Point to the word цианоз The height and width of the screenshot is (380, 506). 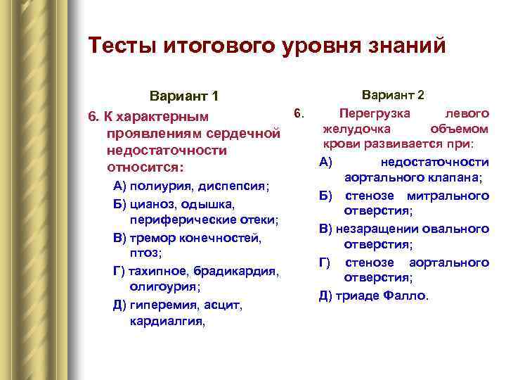pyautogui.click(x=150, y=204)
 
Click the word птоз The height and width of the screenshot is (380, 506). pyautogui.click(x=145, y=253)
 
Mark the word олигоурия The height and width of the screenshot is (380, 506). pyautogui.click(x=164, y=287)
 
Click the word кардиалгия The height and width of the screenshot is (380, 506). pyautogui.click(x=167, y=322)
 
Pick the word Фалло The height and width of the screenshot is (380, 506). pyautogui.click(x=406, y=296)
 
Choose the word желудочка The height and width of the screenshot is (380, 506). pyautogui.click(x=358, y=129)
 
